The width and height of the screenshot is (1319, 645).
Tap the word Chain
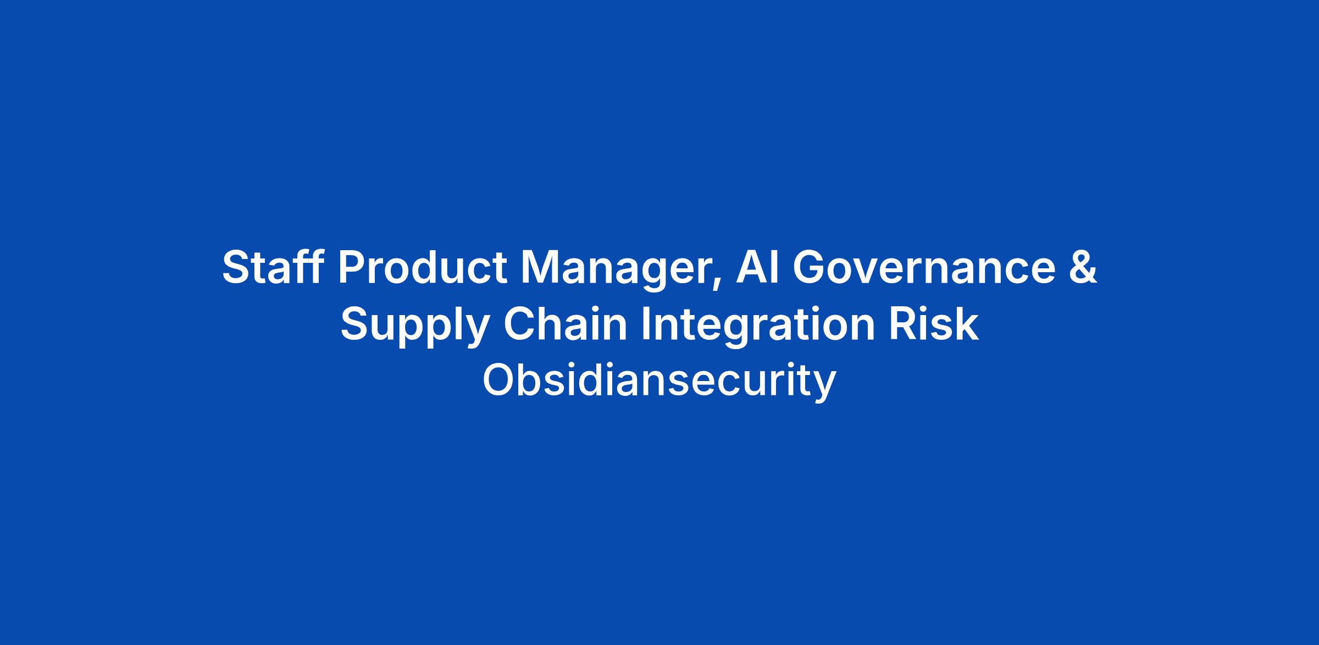(565, 324)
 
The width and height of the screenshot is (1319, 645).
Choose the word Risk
(934, 324)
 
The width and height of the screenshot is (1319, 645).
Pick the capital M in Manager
(540, 267)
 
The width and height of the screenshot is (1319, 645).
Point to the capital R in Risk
(903, 324)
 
